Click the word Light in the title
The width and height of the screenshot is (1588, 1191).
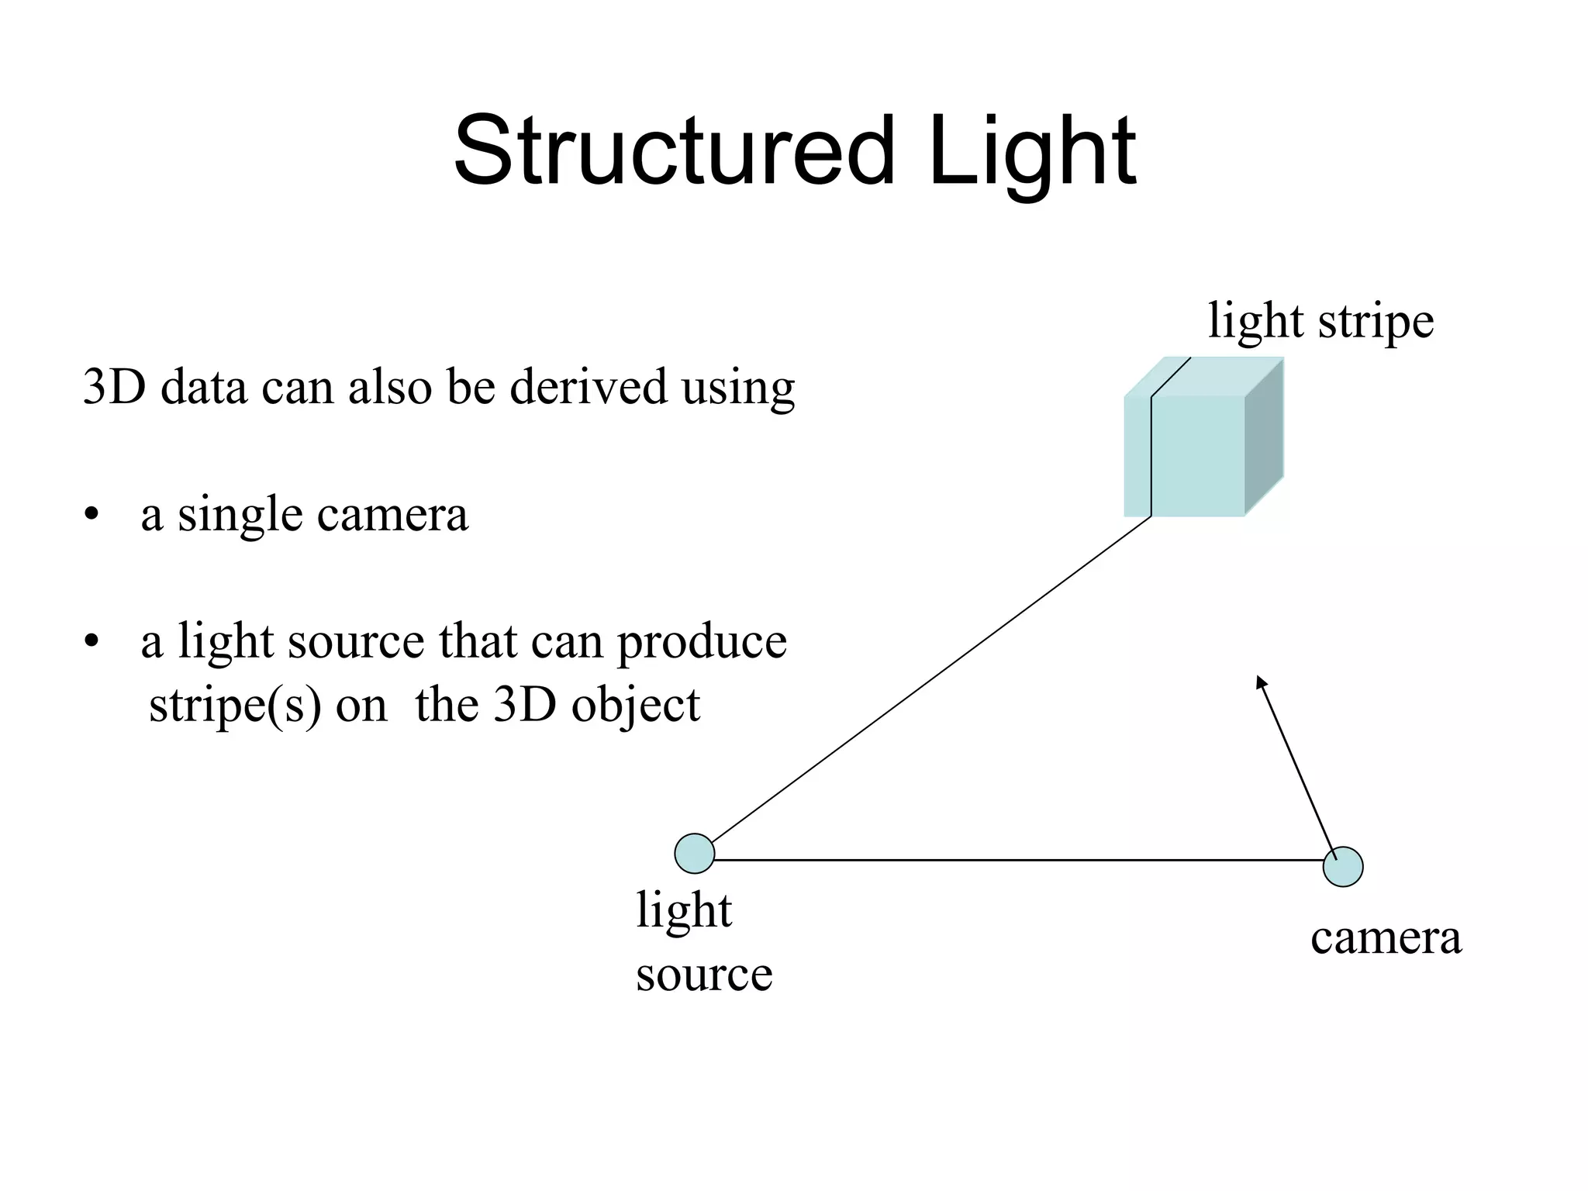click(x=1031, y=151)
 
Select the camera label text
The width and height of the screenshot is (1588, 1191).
click(x=1386, y=938)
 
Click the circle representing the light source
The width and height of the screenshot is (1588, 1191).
click(x=694, y=854)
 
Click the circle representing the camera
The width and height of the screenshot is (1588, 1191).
click(x=1342, y=867)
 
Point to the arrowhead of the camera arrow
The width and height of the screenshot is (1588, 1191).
click(x=1260, y=682)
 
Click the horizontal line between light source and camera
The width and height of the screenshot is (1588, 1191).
click(x=1008, y=860)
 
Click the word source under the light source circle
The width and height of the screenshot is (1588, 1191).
click(x=704, y=975)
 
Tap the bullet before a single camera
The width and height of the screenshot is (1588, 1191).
click(x=92, y=515)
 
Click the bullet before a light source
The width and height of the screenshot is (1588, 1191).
click(x=92, y=642)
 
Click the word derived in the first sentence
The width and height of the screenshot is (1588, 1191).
click(x=588, y=387)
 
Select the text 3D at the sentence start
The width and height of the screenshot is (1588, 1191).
click(x=114, y=387)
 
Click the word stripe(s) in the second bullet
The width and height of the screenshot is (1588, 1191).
click(x=234, y=706)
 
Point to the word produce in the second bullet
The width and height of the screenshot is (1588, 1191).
click(x=702, y=644)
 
